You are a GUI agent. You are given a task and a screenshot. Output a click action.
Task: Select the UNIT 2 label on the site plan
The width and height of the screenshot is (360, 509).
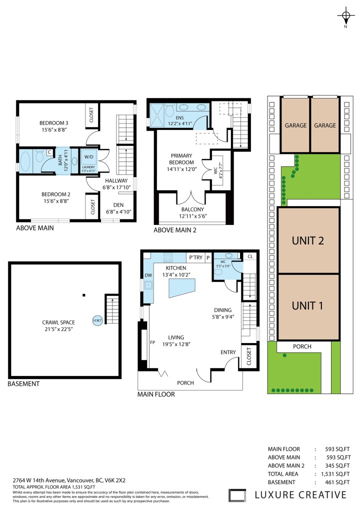pyautogui.click(x=307, y=240)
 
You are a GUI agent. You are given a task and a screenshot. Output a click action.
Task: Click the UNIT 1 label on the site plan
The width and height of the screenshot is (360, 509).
pyautogui.click(x=307, y=305)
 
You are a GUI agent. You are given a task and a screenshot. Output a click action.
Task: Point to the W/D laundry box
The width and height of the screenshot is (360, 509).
pyautogui.click(x=89, y=156)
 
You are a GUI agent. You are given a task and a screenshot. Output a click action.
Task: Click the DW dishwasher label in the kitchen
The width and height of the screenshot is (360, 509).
pyautogui.click(x=148, y=274)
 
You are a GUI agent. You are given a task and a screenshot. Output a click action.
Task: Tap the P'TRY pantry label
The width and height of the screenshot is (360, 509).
pyautogui.click(x=195, y=257)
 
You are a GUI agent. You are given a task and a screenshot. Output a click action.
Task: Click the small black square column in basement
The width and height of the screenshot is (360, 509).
pyautogui.click(x=84, y=295)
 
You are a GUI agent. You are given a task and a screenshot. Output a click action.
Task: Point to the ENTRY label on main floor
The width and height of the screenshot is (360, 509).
pyautogui.click(x=228, y=352)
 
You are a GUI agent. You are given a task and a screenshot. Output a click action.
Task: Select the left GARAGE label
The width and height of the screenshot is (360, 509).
pyautogui.click(x=295, y=125)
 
